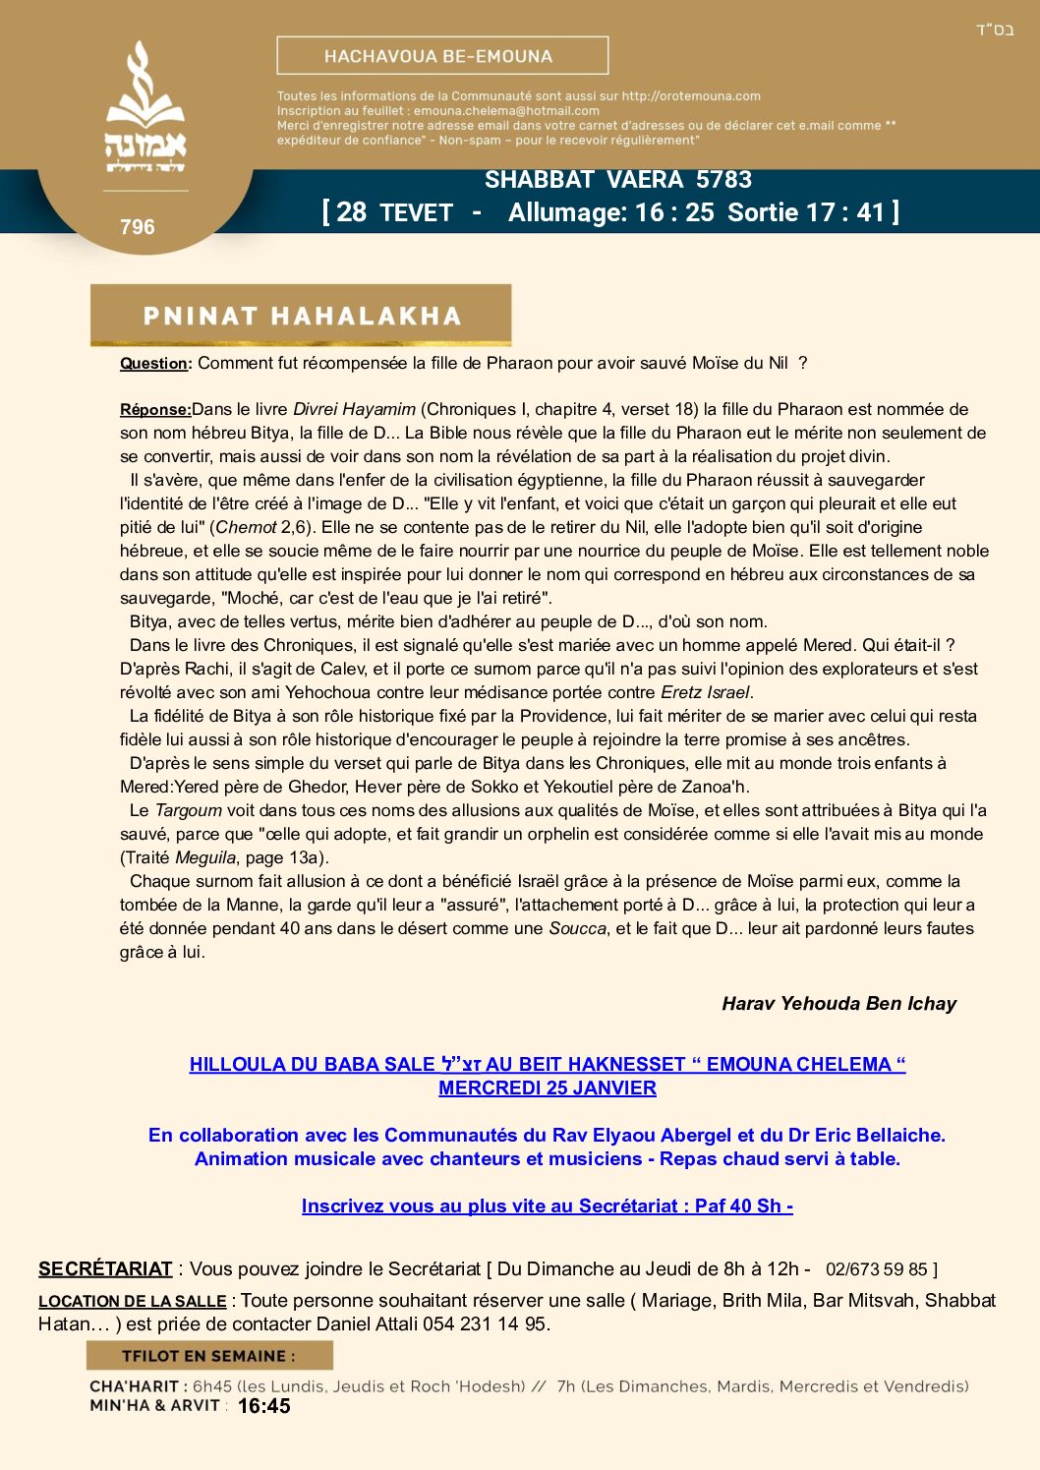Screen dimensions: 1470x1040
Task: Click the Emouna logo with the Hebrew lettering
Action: pyautogui.click(x=145, y=108)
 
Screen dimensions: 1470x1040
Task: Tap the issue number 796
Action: pyautogui.click(x=138, y=227)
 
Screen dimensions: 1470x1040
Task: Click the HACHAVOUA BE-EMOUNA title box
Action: pyautogui.click(x=442, y=56)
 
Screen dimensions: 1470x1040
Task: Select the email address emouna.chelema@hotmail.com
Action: pyautogui.click(x=506, y=111)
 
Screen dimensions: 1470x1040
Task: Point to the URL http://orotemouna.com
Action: pyautogui.click(x=691, y=96)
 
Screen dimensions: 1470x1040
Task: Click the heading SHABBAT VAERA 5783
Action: pyautogui.click(x=618, y=180)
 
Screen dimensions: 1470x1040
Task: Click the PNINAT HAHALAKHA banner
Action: pyautogui.click(x=301, y=316)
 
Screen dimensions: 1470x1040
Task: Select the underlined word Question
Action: pyautogui.click(x=153, y=364)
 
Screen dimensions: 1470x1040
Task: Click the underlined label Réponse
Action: pyautogui.click(x=154, y=410)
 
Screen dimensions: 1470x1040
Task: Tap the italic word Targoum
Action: pyautogui.click(x=189, y=810)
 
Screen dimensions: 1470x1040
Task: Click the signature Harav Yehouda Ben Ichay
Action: pyautogui.click(x=838, y=1004)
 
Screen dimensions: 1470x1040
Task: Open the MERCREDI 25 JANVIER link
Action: pyautogui.click(x=548, y=1088)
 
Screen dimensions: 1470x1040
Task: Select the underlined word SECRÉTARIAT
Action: pyautogui.click(x=105, y=1269)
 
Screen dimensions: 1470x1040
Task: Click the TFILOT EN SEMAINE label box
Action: pyautogui.click(x=209, y=1356)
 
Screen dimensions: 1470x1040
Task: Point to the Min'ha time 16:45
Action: pyautogui.click(x=263, y=1407)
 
